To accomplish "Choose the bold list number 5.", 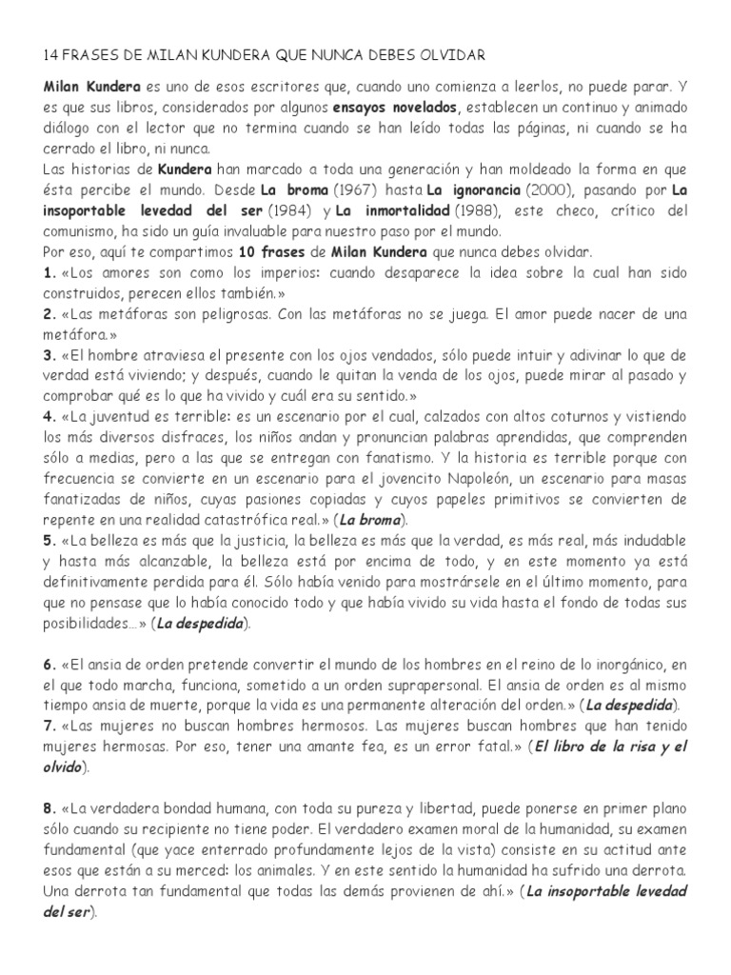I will pos(49,541).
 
